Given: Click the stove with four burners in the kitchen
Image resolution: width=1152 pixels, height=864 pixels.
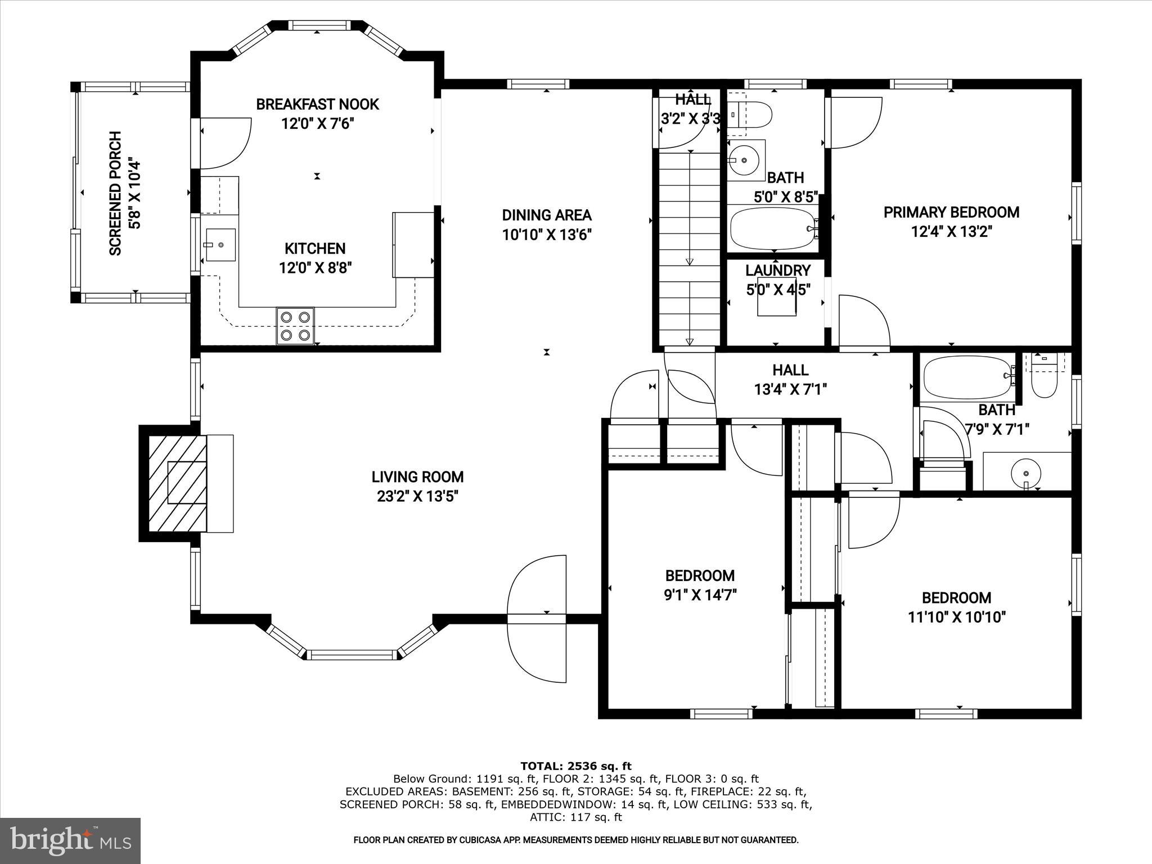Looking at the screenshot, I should pyautogui.click(x=295, y=326).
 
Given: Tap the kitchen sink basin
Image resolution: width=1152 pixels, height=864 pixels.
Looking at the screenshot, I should pyautogui.click(x=220, y=245).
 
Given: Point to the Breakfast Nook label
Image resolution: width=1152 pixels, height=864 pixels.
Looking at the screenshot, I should pyautogui.click(x=317, y=104).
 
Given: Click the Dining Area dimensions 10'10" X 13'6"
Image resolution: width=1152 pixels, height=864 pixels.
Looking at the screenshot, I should pyautogui.click(x=546, y=235).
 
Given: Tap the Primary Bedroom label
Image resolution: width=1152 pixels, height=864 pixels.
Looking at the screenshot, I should pyautogui.click(x=951, y=213).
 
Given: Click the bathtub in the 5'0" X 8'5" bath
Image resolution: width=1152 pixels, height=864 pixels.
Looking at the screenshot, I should pyautogui.click(x=772, y=229).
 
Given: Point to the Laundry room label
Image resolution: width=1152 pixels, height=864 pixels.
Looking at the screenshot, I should pyautogui.click(x=777, y=271).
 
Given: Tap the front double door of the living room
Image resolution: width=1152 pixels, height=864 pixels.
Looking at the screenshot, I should pyautogui.click(x=537, y=619).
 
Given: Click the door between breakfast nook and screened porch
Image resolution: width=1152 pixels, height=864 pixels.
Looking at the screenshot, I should pyautogui.click(x=224, y=143).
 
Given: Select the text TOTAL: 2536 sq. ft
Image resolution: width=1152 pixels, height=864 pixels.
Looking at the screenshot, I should pyautogui.click(x=575, y=766).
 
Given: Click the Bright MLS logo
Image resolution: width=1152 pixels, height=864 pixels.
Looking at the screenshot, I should pyautogui.click(x=70, y=841).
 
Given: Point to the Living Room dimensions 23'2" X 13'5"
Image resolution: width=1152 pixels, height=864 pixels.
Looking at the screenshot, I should pyautogui.click(x=417, y=497).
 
